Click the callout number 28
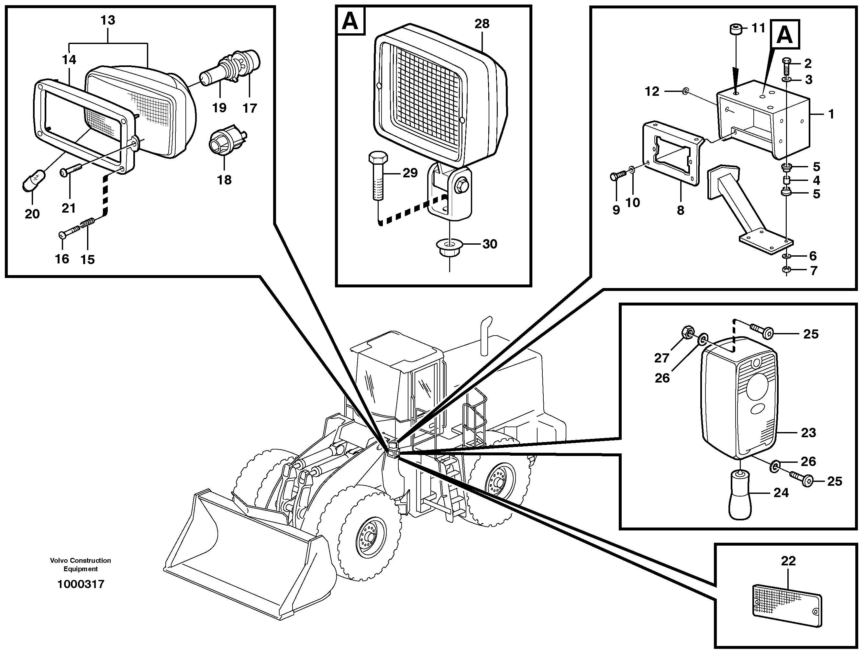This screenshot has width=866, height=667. click(x=482, y=24)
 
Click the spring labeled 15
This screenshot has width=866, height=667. click(x=88, y=225)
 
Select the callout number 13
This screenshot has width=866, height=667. click(x=108, y=20)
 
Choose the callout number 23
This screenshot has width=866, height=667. click(x=808, y=432)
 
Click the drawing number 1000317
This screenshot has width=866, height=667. click(x=81, y=584)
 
